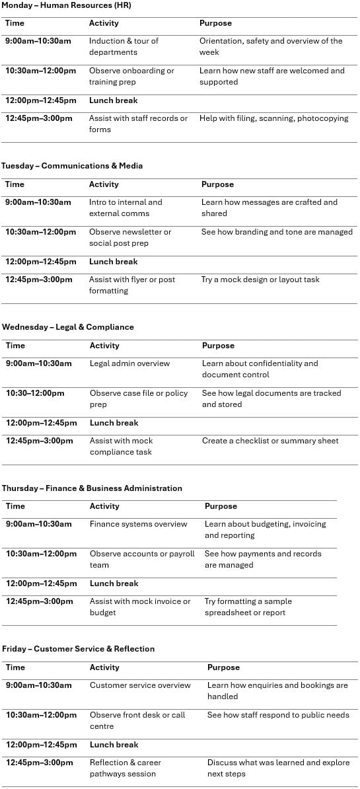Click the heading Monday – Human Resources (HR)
point(66,5)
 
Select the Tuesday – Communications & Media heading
point(72,166)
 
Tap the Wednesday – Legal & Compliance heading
point(68,327)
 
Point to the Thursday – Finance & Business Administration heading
point(92,488)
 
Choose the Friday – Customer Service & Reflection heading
point(78,649)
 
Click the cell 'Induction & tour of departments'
point(124,46)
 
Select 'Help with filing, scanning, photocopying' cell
point(273,118)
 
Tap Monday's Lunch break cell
point(114,100)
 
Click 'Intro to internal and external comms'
point(126,207)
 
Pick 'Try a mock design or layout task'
point(260,280)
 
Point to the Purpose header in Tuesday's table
point(217,184)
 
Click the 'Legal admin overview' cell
point(129,363)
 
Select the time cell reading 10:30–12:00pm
point(35,393)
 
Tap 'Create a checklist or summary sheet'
point(270,441)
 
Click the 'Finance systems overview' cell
point(139,524)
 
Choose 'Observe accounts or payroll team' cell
point(142,559)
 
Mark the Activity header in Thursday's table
point(104,506)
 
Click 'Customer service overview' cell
point(140,685)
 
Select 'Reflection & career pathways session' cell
point(126,768)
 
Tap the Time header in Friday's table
point(15,667)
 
